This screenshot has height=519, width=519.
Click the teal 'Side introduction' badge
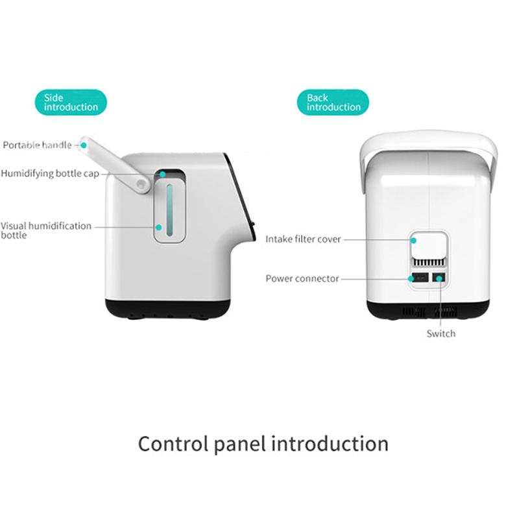(71, 103)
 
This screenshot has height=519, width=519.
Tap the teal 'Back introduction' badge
(333, 103)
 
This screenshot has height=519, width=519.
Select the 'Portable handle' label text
(37, 145)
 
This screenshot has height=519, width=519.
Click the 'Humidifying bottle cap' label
(50, 173)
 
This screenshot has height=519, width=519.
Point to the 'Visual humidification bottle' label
(46, 230)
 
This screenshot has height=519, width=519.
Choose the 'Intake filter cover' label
(303, 239)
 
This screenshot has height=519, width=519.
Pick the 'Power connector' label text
(302, 279)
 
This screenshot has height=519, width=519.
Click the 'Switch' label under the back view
(441, 333)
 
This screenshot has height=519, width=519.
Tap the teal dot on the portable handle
(84, 145)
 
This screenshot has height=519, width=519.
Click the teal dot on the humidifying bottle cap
(163, 174)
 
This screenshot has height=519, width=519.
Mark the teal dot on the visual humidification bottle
(158, 228)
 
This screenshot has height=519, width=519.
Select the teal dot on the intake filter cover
(413, 241)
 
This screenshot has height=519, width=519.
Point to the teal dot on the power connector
(411, 279)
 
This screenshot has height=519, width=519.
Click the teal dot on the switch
(439, 279)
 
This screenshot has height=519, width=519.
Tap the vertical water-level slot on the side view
(170, 210)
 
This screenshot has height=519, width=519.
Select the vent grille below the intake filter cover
(429, 263)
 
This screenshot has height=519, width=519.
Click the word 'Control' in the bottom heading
(173, 444)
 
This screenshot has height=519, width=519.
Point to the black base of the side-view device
(168, 309)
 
